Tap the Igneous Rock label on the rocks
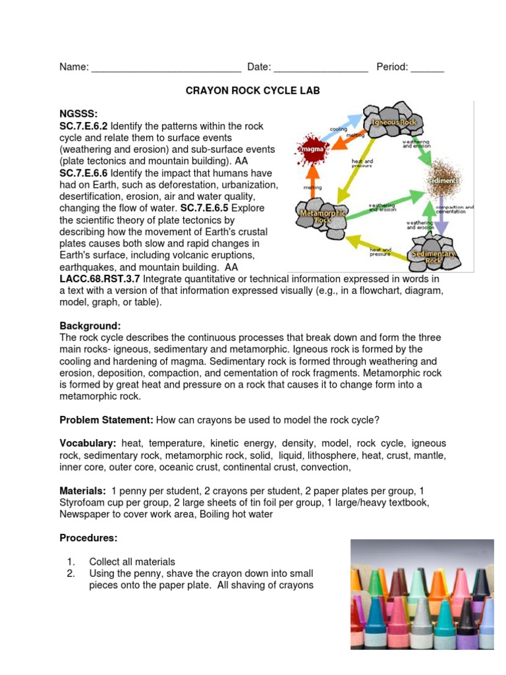tap(394, 123)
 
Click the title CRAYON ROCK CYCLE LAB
tap(253, 91)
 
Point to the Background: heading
tap(90, 326)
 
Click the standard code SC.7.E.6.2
tap(84, 126)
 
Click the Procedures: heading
tap(88, 538)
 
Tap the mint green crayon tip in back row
tap(418, 580)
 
